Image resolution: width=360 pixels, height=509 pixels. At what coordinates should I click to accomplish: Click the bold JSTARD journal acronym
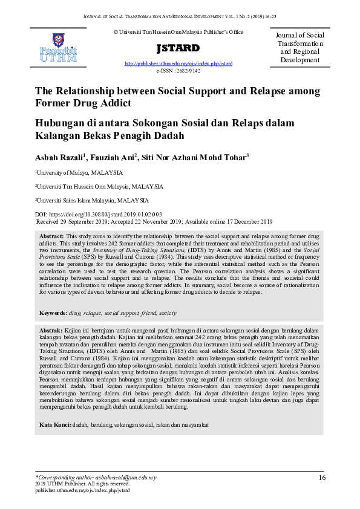[178, 48]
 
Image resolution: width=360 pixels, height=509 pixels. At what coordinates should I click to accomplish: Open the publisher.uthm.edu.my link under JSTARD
[178, 63]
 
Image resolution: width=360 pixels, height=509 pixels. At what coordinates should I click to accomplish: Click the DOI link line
[99, 215]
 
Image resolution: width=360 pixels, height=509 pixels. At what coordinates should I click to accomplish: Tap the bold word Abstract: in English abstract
[51, 236]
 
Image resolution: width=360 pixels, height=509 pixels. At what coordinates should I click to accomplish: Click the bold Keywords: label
[53, 313]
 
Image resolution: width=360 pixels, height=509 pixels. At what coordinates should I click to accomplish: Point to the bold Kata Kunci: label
[55, 425]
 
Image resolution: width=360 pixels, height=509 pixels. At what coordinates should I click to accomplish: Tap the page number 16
[322, 478]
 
